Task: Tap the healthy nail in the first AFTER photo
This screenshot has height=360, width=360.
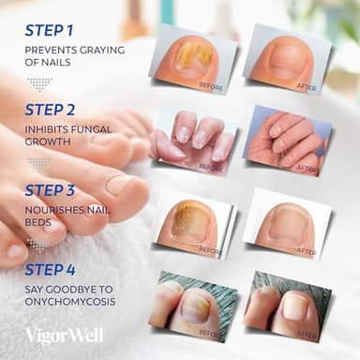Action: (284, 59)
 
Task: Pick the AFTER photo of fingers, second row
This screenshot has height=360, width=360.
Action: (286, 138)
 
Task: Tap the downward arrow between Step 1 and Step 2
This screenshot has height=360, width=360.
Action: (38, 82)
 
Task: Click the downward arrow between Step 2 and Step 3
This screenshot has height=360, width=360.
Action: (38, 164)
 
